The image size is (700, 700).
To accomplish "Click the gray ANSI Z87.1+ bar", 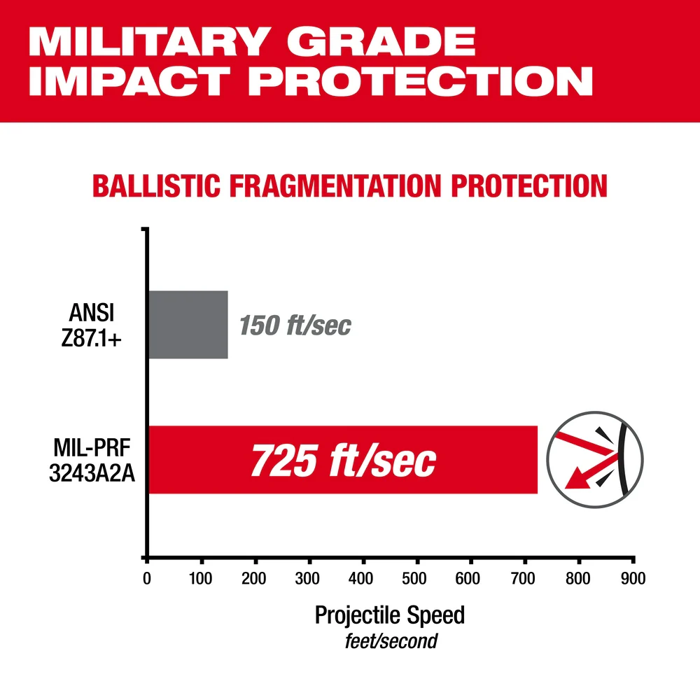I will (188, 324).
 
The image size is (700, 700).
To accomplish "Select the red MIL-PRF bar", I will (343, 459).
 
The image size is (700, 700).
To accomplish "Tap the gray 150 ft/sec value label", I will (295, 325).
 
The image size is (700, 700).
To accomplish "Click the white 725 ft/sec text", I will (343, 461).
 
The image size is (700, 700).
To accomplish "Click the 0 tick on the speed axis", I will (147, 579).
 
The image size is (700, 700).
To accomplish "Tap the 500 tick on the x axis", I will (417, 579).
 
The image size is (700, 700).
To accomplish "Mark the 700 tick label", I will (525, 579).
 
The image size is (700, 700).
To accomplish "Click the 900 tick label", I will (633, 579).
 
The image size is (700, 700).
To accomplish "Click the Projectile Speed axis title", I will (389, 615).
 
